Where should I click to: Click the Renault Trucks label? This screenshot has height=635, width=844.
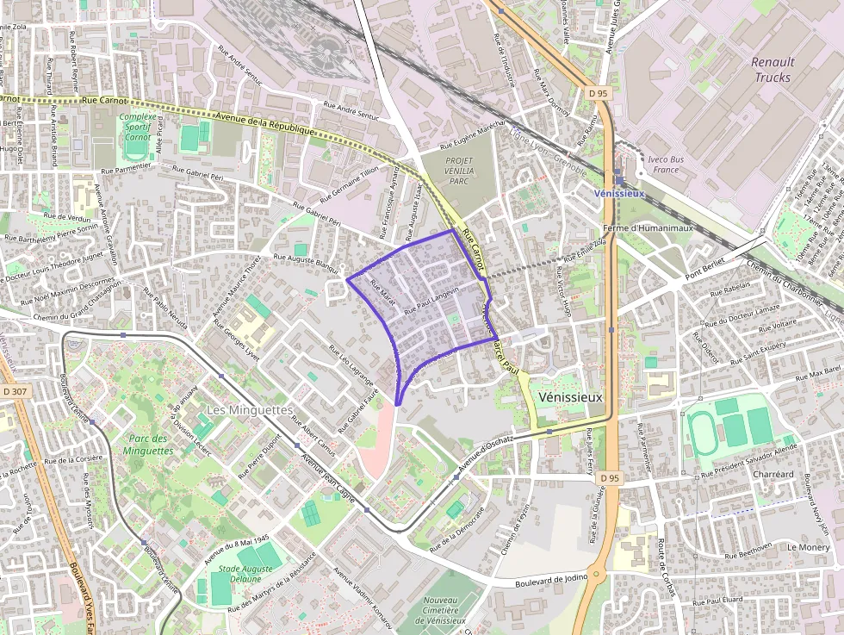pos(772,69)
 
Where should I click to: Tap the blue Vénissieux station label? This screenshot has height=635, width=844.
pos(619,194)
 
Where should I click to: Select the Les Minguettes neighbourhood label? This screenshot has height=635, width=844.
pos(249,409)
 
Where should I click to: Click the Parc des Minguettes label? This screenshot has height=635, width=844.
pos(148,445)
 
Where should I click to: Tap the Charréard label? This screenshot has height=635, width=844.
pos(773,475)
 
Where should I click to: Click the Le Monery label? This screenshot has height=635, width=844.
pos(808,547)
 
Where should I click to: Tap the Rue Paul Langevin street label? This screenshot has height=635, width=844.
pos(431,302)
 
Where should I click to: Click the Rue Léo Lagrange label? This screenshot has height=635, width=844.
pos(351,364)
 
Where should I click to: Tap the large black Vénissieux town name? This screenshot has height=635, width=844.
pos(569,397)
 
